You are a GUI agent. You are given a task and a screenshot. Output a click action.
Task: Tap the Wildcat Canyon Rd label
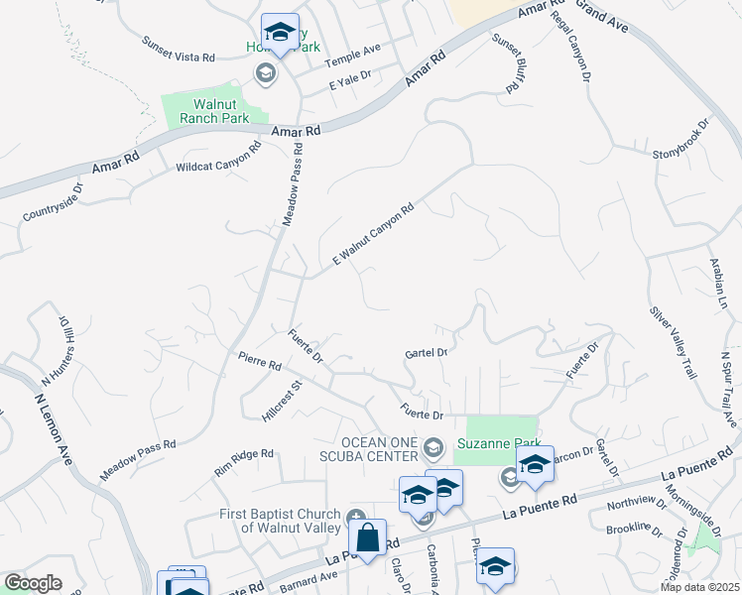218,156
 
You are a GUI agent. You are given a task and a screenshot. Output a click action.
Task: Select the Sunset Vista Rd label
179,50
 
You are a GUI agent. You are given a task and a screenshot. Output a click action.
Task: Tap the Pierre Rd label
260,359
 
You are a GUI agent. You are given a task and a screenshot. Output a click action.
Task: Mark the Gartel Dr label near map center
428,352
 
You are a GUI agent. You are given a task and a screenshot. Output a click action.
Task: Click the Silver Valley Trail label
674,341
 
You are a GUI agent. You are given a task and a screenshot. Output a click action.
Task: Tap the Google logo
33,583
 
